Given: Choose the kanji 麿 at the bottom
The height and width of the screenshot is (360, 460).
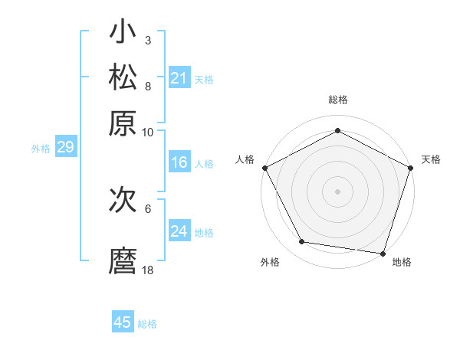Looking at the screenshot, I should pos(123,260).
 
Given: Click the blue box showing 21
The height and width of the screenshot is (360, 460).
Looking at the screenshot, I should pos(179,77).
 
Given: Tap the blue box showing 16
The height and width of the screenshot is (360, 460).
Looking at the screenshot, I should pos(179,162).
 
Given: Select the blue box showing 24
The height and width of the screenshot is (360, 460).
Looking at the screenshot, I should pos(179,231).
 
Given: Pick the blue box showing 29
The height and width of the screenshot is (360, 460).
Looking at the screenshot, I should pos(65,148).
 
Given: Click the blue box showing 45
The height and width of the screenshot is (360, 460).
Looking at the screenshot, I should pos(123,322).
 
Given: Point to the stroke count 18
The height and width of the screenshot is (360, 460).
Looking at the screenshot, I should pos(148,270).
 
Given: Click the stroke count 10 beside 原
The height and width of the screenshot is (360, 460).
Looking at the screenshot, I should pos(148,132).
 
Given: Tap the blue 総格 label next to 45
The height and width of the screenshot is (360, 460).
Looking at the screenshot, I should pos(147,324).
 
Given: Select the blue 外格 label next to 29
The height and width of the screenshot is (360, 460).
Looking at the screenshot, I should pos(41,149).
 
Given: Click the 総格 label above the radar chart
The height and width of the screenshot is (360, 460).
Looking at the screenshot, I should pos(337,100).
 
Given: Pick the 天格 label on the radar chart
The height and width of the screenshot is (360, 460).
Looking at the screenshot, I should pos(431,159).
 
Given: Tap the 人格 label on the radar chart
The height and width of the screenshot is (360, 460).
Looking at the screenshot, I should pos(245,159).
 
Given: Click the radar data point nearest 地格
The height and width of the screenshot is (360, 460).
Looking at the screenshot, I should pos(383,253).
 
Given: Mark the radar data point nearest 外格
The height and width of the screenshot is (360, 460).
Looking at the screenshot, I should pos(302,242).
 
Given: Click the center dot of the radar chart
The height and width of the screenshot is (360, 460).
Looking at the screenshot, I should pos(337,191).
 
